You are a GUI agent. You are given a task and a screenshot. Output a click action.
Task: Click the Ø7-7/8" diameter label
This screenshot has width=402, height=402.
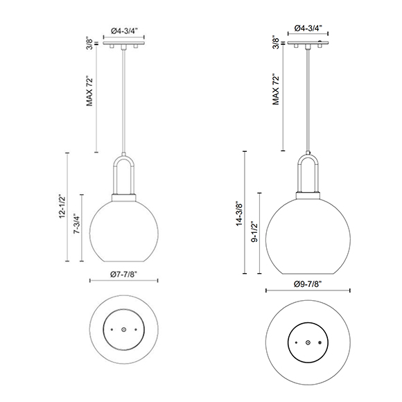pyautogui.click(x=124, y=274)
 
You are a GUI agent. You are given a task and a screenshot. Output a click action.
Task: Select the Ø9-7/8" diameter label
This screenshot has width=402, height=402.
pyautogui.click(x=308, y=284)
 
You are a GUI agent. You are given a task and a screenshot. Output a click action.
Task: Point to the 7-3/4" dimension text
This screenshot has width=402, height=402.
pyautogui.click(x=77, y=224)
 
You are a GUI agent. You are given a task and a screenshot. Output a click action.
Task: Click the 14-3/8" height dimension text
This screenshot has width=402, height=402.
pyautogui.click(x=239, y=213)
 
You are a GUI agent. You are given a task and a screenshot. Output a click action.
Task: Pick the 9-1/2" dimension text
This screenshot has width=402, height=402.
pyautogui.click(x=254, y=232)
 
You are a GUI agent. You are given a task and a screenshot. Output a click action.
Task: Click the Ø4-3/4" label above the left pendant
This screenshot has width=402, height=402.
pyautogui.click(x=124, y=30)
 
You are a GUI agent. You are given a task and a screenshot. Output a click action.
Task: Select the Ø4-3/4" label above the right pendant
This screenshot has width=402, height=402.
pyautogui.click(x=308, y=28)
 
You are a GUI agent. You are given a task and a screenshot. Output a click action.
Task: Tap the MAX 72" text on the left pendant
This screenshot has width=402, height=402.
pyautogui.click(x=89, y=91)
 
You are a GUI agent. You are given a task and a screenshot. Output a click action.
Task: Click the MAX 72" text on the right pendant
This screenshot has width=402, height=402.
pyautogui.click(x=276, y=89)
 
